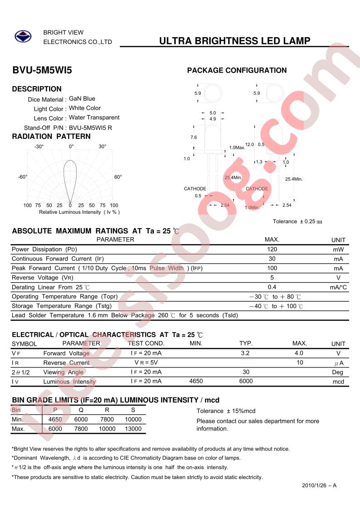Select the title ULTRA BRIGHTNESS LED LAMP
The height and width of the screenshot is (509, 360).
click(235, 41)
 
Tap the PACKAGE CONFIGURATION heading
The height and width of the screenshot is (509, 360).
click(237, 70)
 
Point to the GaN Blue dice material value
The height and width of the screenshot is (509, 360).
click(82, 98)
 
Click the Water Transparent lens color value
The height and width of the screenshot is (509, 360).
click(94, 117)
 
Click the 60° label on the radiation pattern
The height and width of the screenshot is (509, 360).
click(118, 177)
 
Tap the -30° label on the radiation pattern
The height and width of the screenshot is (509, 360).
click(39, 147)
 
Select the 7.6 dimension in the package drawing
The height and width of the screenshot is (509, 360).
click(193, 137)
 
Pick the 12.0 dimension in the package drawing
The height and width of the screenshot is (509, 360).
click(249, 144)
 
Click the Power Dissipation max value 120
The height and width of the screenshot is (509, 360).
click(272, 249)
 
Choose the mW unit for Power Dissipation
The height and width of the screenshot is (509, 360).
click(338, 250)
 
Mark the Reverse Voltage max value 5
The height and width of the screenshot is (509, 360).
click(272, 277)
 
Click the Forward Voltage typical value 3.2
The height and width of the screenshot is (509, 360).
click(245, 352)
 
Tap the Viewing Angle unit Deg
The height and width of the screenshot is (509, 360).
click(338, 372)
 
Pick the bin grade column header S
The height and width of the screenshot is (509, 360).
click(133, 410)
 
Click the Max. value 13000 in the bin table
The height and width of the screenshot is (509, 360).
click(133, 429)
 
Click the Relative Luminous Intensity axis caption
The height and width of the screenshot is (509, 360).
click(79, 212)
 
